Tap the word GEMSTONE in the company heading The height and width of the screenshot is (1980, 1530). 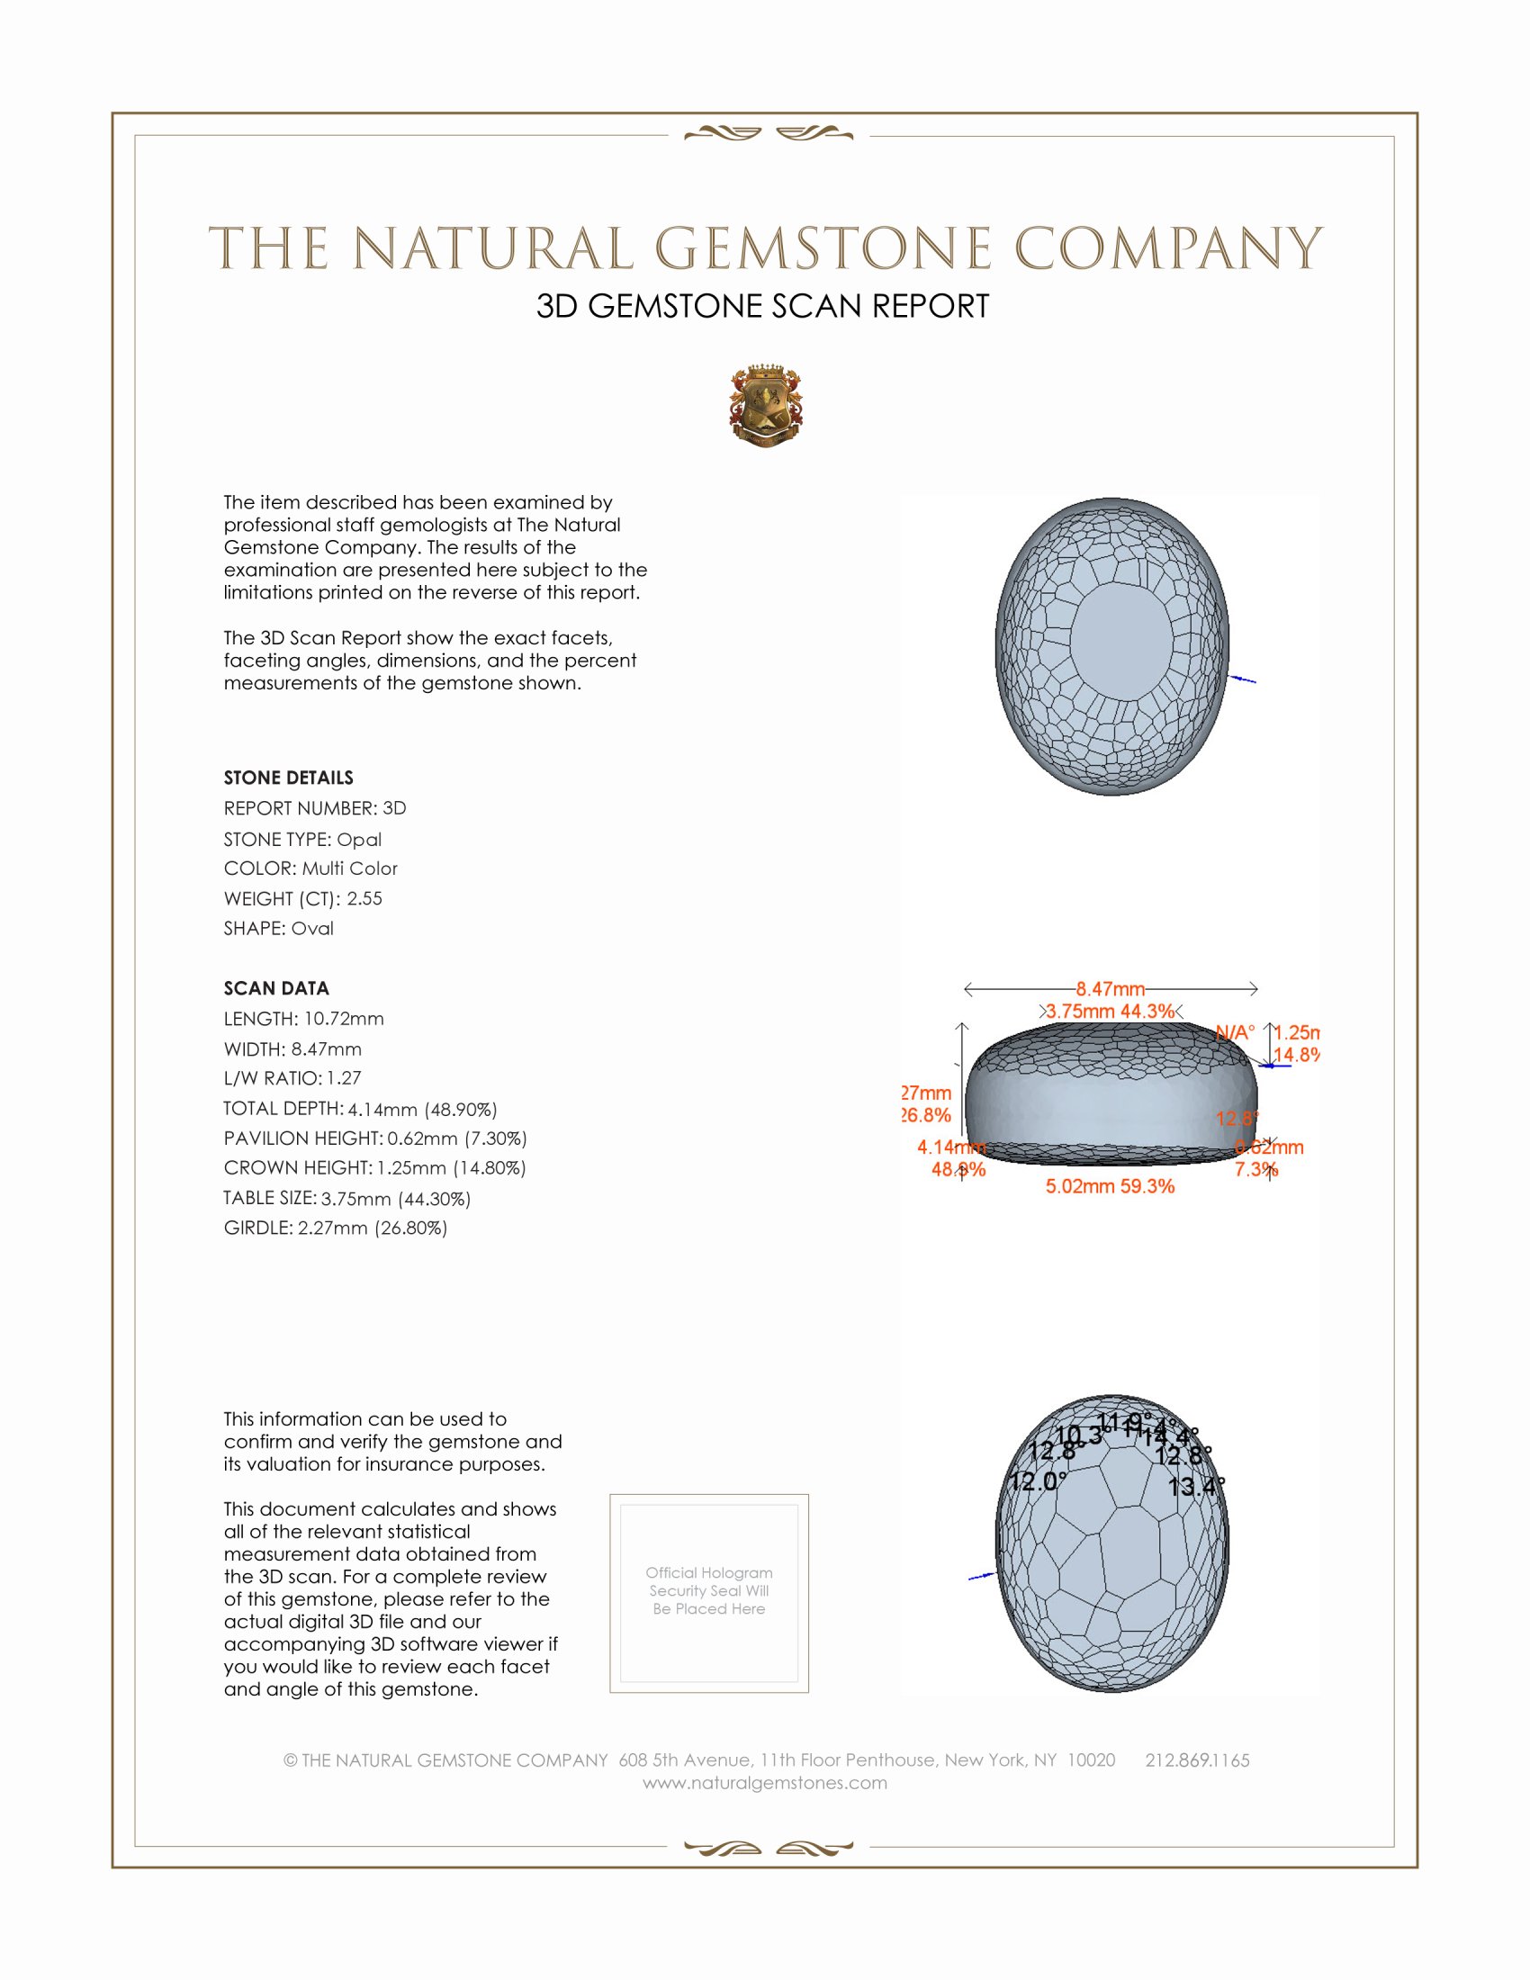pos(822,249)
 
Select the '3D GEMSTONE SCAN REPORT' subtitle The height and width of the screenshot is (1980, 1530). pos(762,306)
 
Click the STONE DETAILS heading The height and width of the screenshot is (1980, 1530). pos(288,778)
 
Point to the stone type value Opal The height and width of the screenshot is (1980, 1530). pos(359,840)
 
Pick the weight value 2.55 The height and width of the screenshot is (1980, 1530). pos(364,898)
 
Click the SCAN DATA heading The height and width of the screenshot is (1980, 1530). pos(276,988)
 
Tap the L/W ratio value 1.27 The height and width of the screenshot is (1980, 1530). pos(345,1078)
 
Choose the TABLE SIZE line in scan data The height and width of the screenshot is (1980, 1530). pos(347,1199)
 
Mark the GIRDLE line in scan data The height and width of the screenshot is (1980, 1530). pos(336,1228)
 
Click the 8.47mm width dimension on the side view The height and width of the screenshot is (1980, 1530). pos(1111,988)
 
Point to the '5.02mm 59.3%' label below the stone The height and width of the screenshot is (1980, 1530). pos(1110,1186)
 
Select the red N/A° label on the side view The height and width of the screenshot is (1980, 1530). pos(1235,1032)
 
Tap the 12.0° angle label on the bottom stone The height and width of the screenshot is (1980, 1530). pos(1039,1481)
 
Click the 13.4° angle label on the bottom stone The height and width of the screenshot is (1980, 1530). pos(1195,1487)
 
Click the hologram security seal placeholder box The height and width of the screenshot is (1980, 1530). pos(709,1593)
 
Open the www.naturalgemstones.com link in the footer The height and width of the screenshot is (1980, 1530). pos(765,1783)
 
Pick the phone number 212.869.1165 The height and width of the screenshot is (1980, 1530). pos(1196,1760)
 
